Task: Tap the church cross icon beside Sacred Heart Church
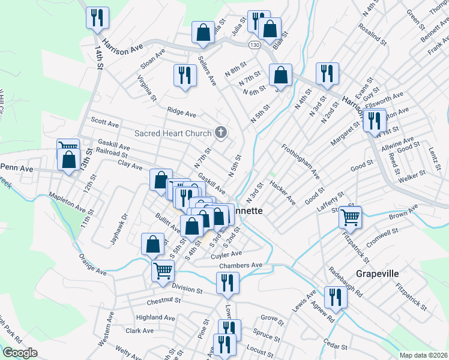point(221,133)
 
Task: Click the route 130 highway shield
point(255,45)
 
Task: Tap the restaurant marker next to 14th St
point(97,17)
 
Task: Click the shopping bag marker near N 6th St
point(280,76)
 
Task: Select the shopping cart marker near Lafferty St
point(350,216)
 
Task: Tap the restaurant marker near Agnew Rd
point(335,297)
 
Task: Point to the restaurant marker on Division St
point(228,283)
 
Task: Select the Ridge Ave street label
point(181,112)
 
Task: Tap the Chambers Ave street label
point(241,265)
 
